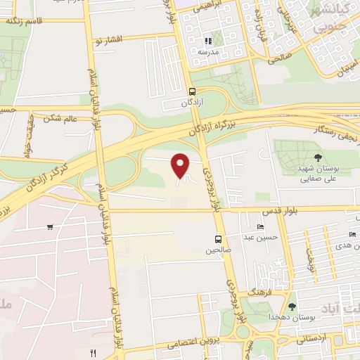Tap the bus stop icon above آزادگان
(x=192, y=91)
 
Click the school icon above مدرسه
(x=207, y=41)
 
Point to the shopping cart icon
(x=50, y=226)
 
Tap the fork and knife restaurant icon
(x=92, y=352)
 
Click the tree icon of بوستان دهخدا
(x=292, y=306)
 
